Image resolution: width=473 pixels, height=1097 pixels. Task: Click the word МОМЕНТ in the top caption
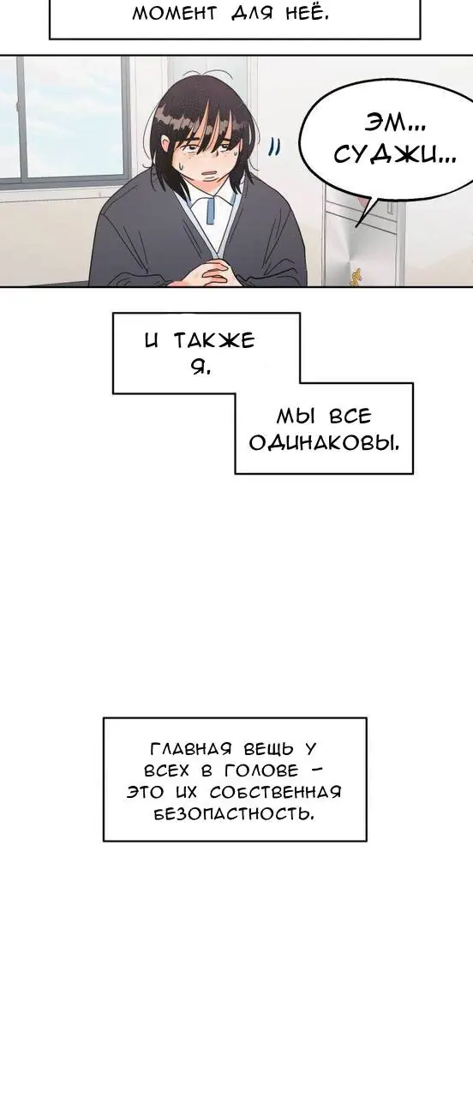coord(174,13)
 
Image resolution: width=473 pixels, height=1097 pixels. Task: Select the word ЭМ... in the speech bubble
coord(396,124)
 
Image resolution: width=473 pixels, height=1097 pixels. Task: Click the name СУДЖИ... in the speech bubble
coord(395,155)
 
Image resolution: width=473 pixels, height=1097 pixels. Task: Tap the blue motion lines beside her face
coord(275,147)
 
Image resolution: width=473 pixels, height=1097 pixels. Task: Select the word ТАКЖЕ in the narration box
coord(214,340)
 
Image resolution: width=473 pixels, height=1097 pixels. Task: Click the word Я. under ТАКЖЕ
coord(201,367)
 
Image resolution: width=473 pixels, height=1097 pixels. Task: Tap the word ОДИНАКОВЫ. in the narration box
coord(324,443)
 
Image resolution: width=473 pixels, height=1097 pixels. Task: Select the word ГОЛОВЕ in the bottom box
coord(261,770)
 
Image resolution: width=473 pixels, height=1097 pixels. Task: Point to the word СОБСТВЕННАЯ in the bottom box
coord(275,792)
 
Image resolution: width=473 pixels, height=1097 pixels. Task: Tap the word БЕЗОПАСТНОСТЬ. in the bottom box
coord(234,814)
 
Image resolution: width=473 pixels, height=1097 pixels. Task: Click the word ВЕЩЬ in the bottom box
coord(268,749)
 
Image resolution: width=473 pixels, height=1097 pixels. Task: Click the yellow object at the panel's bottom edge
coord(355,277)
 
